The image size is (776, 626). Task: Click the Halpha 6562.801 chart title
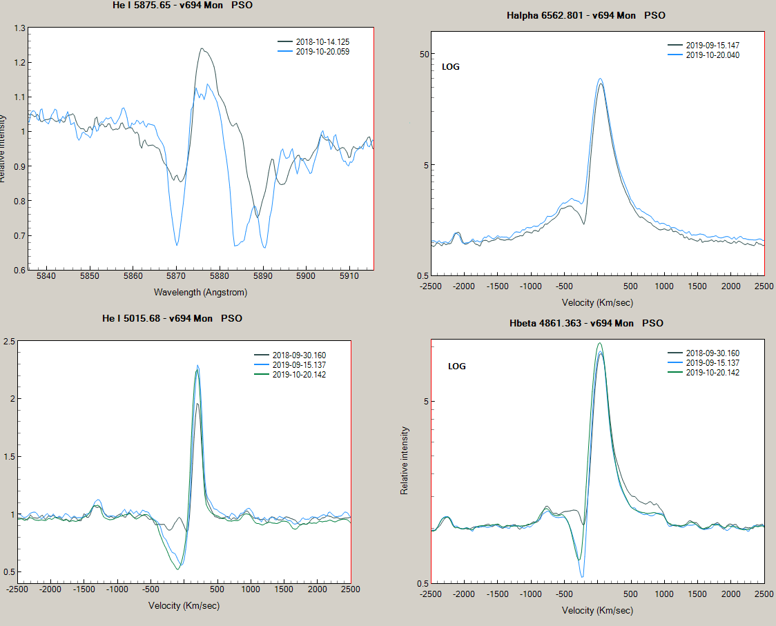point(586,15)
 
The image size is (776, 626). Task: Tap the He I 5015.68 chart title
point(172,318)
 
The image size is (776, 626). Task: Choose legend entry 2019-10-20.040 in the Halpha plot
point(712,55)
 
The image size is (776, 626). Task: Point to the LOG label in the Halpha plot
point(451,67)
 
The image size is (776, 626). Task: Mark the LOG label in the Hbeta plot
point(457,366)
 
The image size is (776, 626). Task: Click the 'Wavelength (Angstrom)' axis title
point(200,292)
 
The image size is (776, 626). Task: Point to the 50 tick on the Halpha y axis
point(425,55)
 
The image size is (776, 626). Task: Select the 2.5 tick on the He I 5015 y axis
point(10,342)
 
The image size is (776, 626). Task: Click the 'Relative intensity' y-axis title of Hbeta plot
point(405,460)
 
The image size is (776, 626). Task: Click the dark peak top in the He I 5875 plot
point(202,48)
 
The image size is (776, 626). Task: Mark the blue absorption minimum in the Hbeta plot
point(582,576)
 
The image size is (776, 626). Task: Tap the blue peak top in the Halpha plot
point(600,79)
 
